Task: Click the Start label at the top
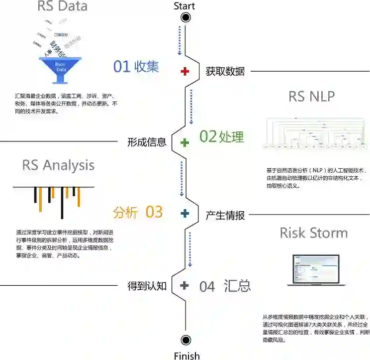(x=185, y=6)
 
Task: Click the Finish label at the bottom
(x=186, y=356)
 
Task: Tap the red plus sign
(x=185, y=71)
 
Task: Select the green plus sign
(x=185, y=142)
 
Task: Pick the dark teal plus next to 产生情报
(x=185, y=214)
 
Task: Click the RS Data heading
(x=62, y=6)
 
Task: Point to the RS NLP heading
(x=311, y=96)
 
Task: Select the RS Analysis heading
(x=58, y=165)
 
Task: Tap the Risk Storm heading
(x=313, y=233)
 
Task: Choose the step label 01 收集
(x=136, y=67)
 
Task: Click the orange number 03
(x=154, y=212)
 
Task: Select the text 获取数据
(x=225, y=71)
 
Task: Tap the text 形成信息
(x=147, y=142)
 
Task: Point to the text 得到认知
(x=147, y=286)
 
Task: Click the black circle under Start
(x=186, y=18)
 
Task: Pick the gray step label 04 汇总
(x=225, y=286)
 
